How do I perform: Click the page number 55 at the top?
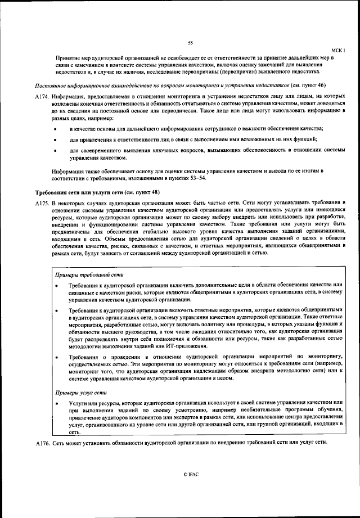(x=190, y=43)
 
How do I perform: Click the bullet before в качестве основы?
(x=55, y=130)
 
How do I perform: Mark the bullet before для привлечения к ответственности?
(x=55, y=139)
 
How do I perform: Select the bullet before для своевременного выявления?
(x=55, y=150)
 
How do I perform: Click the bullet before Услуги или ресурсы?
(x=57, y=404)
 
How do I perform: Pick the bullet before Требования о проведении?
(x=57, y=357)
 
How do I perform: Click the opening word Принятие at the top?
(x=66, y=58)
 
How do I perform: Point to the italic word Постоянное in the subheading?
(x=49, y=87)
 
